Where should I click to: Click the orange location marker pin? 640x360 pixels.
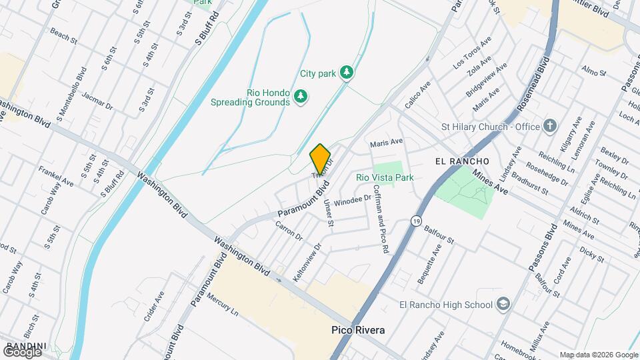(320, 159)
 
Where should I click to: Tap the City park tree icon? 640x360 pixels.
(346, 72)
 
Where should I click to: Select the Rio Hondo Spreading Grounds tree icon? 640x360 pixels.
(301, 97)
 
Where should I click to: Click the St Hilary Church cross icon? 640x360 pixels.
(550, 126)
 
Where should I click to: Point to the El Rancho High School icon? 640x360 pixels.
(503, 305)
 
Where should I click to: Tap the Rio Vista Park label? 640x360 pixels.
(385, 177)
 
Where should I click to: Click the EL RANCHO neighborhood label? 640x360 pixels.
(462, 161)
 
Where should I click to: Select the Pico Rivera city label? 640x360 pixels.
(358, 330)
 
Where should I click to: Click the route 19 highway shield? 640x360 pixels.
(417, 221)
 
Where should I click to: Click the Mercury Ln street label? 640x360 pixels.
(223, 303)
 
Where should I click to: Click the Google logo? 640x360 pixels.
(21, 351)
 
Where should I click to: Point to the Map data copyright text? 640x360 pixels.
(599, 355)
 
